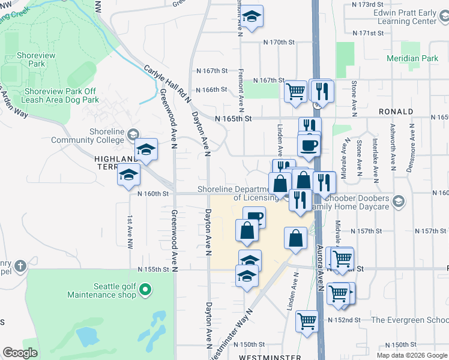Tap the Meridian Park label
pyautogui.click(x=413, y=59)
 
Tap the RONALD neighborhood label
pyautogui.click(x=396, y=112)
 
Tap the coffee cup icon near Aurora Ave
pyautogui.click(x=309, y=145)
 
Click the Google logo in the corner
pyautogui.click(x=20, y=352)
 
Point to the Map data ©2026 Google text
pyautogui.click(x=412, y=355)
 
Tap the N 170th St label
pyautogui.click(x=279, y=43)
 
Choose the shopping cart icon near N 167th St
pyautogui.click(x=296, y=91)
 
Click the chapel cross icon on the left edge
pyautogui.click(x=20, y=266)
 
